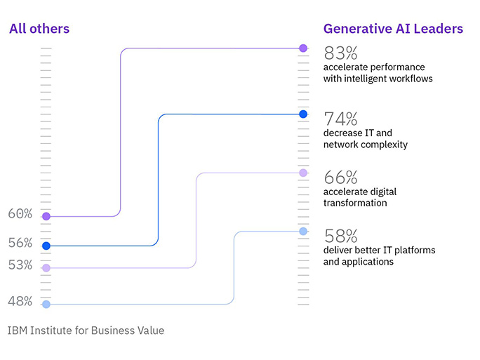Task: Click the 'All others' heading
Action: coord(39,29)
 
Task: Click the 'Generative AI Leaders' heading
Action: coord(393,29)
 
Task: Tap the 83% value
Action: coord(340,53)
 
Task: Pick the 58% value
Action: coord(340,236)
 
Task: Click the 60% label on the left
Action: coord(20,213)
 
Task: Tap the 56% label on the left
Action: coord(20,243)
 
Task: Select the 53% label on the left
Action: coord(20,265)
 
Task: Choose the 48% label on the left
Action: coord(20,302)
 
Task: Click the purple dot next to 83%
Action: coord(303,48)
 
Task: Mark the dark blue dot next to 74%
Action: coord(303,114)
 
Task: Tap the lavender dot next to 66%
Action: coord(303,173)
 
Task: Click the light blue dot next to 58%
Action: coord(303,231)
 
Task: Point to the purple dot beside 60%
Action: coord(46,216)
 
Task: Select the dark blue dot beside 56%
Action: coord(46,246)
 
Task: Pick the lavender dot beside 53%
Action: coord(46,268)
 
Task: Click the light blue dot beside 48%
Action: coord(46,305)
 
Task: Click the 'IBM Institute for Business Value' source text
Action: coord(86,330)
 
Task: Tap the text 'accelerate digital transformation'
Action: coord(355,197)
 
